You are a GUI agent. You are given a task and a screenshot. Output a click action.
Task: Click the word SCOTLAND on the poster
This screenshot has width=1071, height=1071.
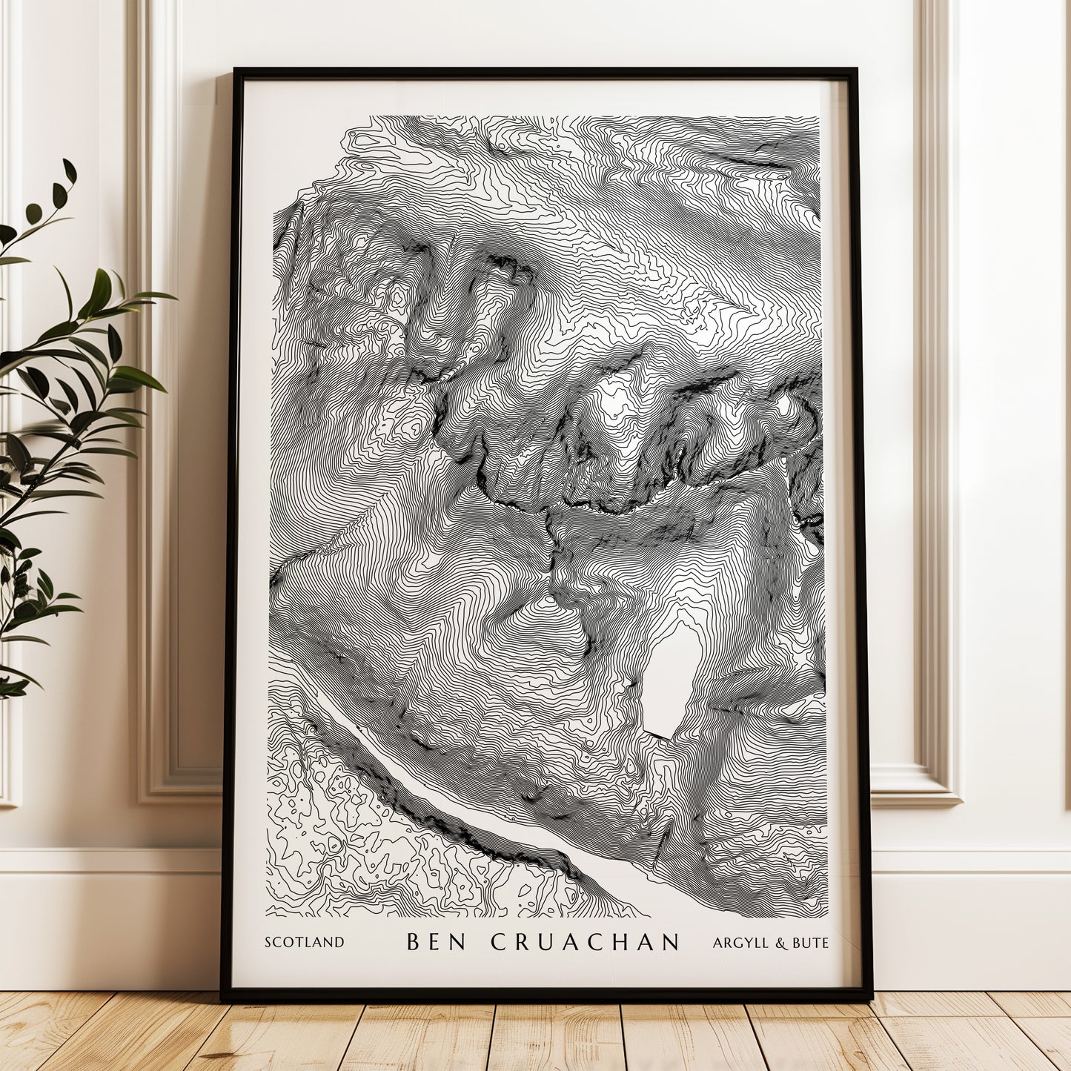[305, 943]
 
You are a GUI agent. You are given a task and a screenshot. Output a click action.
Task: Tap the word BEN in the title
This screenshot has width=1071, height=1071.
[436, 942]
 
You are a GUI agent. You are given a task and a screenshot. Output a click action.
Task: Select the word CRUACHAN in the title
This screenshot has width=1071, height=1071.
[585, 942]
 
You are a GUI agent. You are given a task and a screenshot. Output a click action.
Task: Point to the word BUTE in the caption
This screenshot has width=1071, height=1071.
[810, 943]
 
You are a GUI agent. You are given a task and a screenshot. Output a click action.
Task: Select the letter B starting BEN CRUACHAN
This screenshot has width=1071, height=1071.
[414, 942]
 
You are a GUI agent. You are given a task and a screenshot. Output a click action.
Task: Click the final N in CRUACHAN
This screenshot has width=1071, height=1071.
[671, 942]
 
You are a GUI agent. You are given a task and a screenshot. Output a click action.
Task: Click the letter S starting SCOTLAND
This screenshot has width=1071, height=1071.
[268, 943]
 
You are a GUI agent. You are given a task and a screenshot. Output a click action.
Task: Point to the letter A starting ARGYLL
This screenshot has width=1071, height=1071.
[717, 943]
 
